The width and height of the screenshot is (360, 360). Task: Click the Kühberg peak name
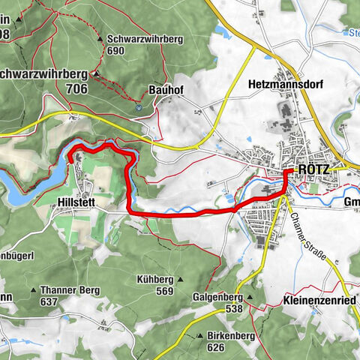[156, 280]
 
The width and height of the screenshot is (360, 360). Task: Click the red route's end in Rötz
[287, 172]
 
